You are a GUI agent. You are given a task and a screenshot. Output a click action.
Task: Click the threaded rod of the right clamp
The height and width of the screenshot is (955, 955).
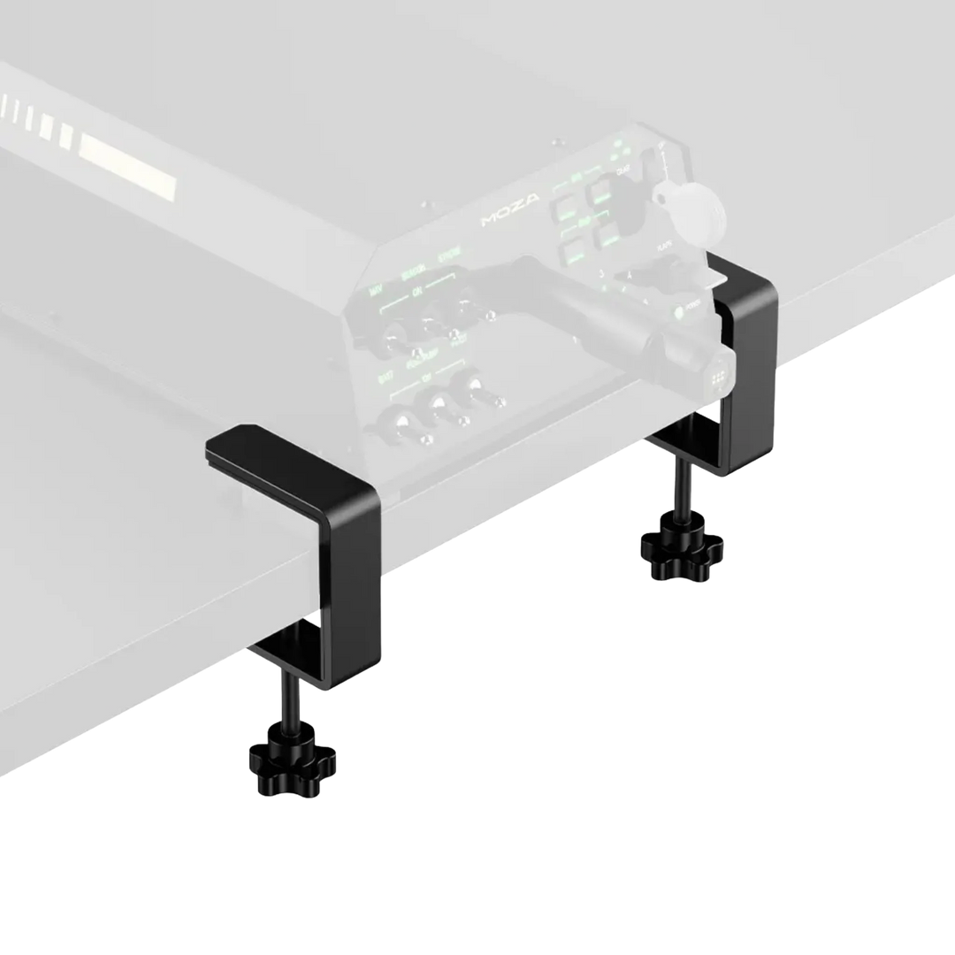click(681, 492)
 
